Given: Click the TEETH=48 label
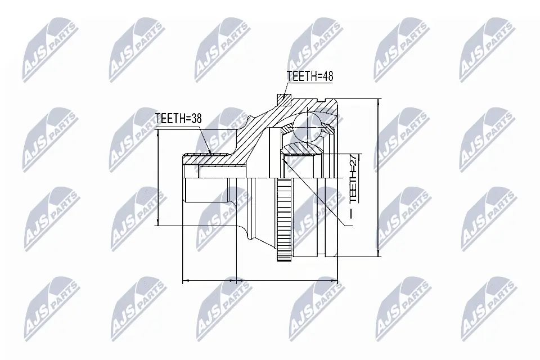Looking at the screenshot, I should [x=309, y=76].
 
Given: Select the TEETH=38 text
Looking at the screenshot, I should [x=178, y=119].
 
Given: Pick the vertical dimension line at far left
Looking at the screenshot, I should [x=158, y=177].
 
